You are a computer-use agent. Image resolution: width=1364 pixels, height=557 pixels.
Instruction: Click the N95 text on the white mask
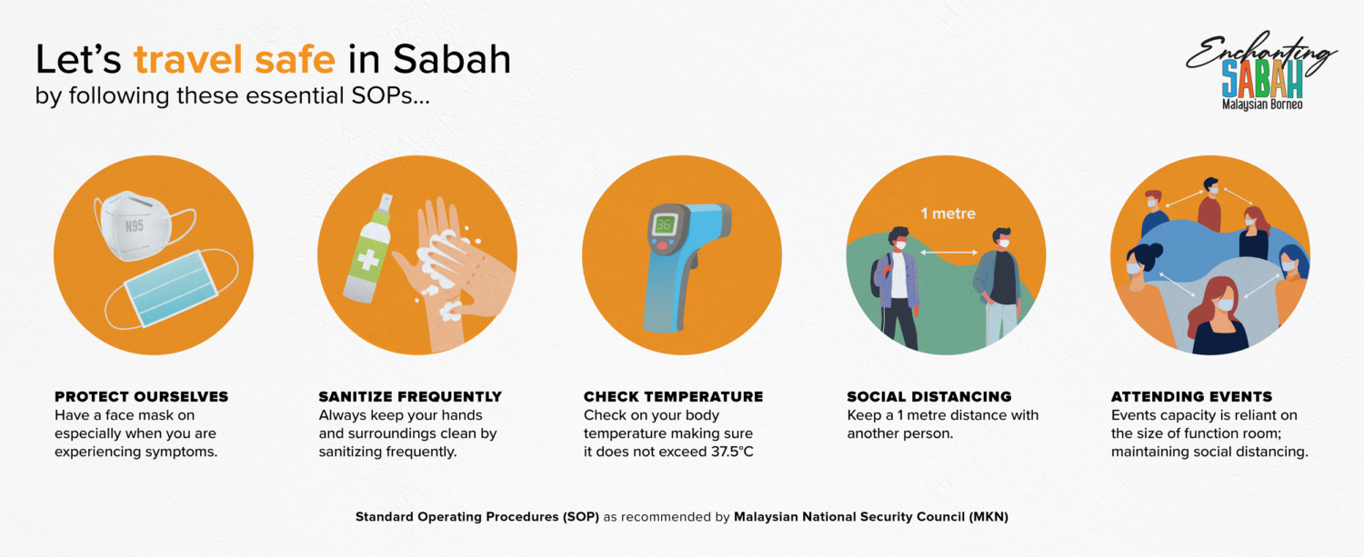pos(134,226)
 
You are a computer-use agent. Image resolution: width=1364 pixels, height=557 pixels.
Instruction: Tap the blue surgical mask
pos(171,289)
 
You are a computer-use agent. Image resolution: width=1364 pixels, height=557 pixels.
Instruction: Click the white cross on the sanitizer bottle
pos(367,261)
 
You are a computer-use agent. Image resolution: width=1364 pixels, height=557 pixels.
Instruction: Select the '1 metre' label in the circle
pos(948,214)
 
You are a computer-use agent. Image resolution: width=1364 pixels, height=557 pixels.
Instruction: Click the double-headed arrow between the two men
pos(948,252)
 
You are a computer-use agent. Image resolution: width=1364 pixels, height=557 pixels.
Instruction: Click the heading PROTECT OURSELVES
pos(141,397)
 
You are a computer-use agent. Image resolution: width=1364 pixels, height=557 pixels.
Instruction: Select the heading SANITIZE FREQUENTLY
pos(410,397)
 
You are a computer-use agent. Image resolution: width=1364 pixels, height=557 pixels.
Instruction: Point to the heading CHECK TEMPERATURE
pos(673,397)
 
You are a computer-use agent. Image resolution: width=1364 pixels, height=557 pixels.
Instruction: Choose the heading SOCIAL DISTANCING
pos(928,397)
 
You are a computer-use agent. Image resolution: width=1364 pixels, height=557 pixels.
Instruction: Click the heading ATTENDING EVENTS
pos(1191,397)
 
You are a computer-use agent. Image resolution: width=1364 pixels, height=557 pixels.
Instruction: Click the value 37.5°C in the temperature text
pos(732,452)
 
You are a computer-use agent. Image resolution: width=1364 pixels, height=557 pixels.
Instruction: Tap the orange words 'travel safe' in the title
pos(235,59)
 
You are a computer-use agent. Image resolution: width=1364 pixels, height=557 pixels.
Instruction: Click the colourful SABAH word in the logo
pos(1262,78)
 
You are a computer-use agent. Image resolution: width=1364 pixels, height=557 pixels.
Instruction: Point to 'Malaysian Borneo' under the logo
pos(1262,104)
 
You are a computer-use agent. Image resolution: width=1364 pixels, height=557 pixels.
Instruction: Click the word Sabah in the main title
pos(451,59)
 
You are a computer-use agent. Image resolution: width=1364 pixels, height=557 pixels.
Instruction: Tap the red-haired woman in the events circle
pos(1218,316)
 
